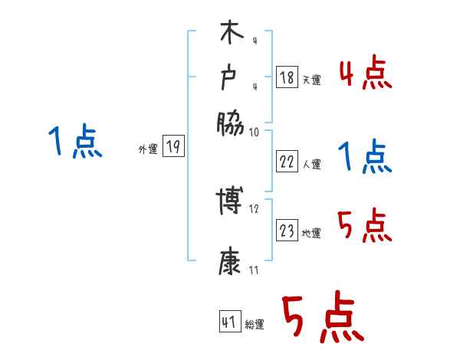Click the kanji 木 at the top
click(x=230, y=35)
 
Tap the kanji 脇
click(x=230, y=123)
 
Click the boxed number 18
click(x=286, y=77)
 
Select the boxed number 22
click(x=286, y=162)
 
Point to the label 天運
click(x=311, y=79)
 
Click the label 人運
click(x=311, y=164)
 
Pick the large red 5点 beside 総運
click(x=321, y=318)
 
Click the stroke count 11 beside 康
click(x=255, y=270)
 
